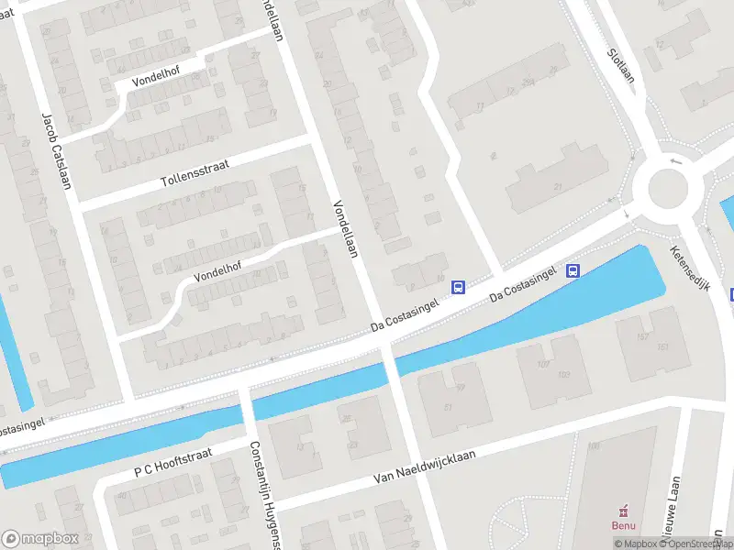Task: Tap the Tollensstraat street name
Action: point(182,168)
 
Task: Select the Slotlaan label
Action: point(621,65)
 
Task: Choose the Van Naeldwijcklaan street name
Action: point(429,471)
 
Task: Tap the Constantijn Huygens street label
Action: point(262,495)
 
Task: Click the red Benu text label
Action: point(624,525)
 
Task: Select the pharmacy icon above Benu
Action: point(624,510)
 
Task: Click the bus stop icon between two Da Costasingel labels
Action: point(458,287)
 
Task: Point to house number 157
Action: point(641,336)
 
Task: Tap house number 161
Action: point(662,346)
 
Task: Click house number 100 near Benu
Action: point(594,445)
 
